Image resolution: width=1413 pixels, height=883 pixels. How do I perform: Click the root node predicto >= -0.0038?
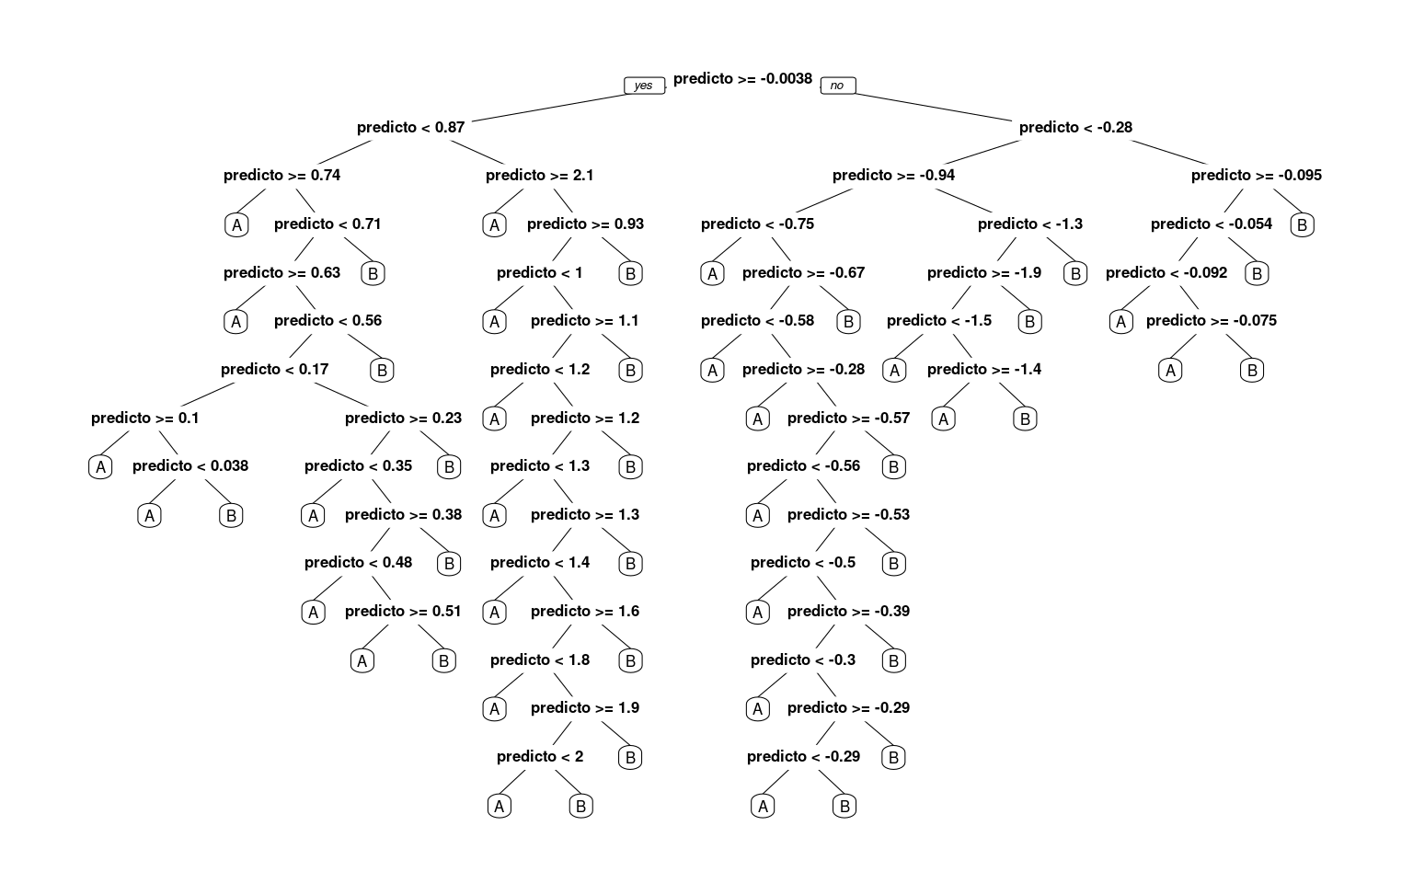pos(742,79)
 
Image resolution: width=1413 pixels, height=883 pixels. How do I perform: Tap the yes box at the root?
pos(644,86)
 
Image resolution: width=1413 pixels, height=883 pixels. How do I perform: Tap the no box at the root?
pos(838,86)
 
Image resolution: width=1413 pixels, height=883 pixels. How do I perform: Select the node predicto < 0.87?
pos(410,128)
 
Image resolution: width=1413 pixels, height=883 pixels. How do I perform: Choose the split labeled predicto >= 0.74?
pos(282,176)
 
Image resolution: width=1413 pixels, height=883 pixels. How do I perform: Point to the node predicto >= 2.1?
pos(539,176)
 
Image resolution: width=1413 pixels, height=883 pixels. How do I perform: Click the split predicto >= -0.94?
pos(893,176)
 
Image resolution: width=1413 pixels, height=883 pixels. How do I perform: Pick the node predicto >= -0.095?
pos(1256,176)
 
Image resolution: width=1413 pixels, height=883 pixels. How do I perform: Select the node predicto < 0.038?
pos(190,466)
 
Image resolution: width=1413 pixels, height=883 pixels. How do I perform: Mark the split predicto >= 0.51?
pos(403,611)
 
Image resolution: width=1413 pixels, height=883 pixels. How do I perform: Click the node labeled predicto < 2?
pos(540,756)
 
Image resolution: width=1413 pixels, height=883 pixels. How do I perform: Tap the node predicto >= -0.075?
pos(1212,320)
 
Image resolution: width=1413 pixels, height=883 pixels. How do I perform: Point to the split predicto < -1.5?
pos(938,320)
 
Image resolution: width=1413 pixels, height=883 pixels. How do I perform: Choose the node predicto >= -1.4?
pos(984,369)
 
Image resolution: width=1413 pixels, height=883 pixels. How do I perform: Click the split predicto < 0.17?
pos(274,369)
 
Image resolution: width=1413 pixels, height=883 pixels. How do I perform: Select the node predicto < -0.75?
pos(758,224)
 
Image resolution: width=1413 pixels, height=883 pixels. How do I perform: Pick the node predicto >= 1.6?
pos(585,611)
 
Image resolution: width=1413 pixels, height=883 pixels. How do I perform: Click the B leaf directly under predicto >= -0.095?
pos(1302,225)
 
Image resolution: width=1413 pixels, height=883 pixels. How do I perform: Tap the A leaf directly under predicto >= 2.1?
pos(495,225)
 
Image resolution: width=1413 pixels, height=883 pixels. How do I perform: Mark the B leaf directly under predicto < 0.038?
pos(231,516)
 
